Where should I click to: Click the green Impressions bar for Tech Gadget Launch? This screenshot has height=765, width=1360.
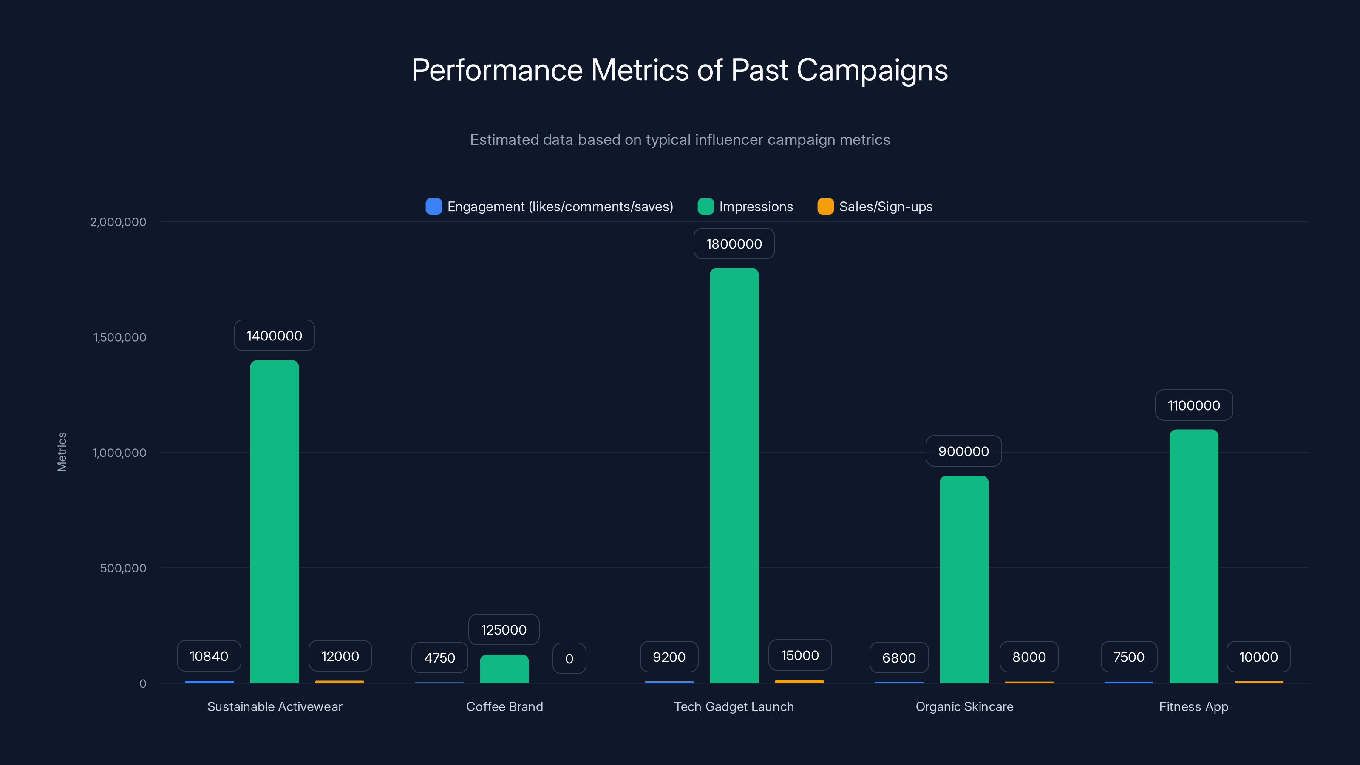point(734,475)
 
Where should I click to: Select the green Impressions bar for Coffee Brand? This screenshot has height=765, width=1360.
point(504,669)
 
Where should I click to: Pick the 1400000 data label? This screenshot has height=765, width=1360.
point(274,336)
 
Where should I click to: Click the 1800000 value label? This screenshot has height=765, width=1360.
point(734,244)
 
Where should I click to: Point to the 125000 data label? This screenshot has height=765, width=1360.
point(504,630)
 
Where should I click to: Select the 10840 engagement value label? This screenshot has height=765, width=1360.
point(209,656)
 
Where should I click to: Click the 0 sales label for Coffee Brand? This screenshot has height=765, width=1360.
point(569,659)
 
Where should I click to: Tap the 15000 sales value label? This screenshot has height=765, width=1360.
point(800,656)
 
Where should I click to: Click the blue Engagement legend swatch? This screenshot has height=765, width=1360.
point(433,207)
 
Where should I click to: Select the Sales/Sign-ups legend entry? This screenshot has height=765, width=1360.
point(885,207)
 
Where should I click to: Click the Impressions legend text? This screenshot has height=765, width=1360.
point(756,207)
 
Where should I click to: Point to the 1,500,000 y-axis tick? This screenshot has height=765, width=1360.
point(119,337)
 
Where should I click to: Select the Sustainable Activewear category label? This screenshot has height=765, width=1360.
point(275,706)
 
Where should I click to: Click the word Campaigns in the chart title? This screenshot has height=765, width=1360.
point(872,70)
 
